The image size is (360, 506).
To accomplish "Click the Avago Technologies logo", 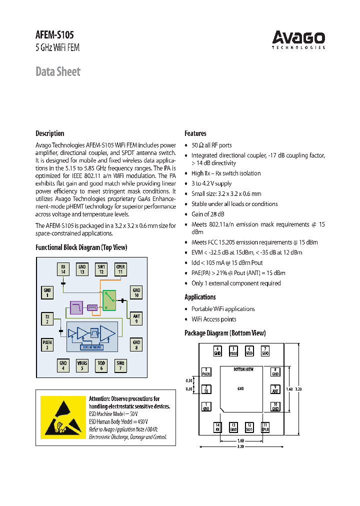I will [x=298, y=39].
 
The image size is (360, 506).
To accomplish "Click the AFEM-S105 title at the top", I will [x=54, y=35].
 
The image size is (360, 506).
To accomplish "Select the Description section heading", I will [x=50, y=133].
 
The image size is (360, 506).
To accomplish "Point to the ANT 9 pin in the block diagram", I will [x=136, y=318].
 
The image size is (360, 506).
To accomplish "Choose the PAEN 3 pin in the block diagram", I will [x=47, y=344].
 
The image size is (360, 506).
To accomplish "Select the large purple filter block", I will [x=76, y=307].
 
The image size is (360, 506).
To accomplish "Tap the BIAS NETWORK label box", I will [x=91, y=346].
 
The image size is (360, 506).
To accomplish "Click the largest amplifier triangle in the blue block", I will [x=107, y=333].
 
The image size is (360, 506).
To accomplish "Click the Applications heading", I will [x=200, y=297].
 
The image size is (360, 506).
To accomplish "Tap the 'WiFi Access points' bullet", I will [x=214, y=319].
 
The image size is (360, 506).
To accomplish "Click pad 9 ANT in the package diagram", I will [x=275, y=389].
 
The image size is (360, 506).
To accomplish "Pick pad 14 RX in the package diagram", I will [x=217, y=427].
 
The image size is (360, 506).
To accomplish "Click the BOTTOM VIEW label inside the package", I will [x=244, y=369].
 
